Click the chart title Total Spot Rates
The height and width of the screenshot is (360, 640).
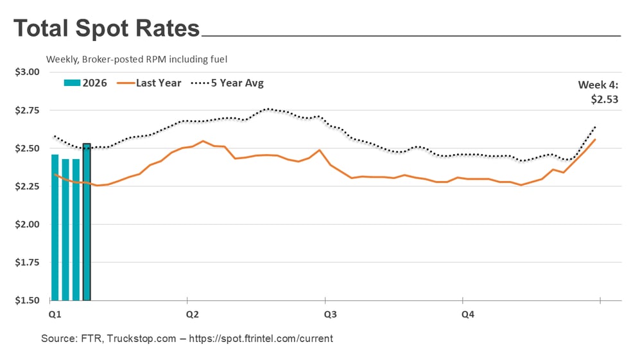[107, 29]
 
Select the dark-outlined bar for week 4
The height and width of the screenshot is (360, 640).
[87, 221]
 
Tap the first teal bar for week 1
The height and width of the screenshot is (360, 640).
[55, 227]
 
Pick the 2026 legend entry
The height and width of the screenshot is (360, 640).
[85, 83]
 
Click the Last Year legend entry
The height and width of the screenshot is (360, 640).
[151, 83]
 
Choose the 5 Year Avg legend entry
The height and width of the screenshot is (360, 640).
[230, 83]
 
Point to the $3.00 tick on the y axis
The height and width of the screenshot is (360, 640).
[27, 72]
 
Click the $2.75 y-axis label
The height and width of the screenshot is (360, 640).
[27, 110]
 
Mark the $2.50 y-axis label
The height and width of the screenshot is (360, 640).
[27, 148]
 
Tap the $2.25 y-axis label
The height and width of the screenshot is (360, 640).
[27, 186]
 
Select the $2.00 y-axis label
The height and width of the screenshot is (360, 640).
[27, 225]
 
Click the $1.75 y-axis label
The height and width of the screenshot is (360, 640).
[27, 262]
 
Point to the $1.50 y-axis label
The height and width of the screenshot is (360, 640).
[27, 300]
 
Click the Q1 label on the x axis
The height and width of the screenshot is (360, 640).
[55, 314]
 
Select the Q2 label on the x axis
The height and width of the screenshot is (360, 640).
[192, 314]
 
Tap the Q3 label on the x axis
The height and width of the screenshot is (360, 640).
[330, 314]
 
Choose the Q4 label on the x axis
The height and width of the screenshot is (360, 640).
[468, 314]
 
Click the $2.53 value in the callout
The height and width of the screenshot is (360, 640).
[605, 99]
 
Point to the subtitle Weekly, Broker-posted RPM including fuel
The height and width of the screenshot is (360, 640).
[137, 59]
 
